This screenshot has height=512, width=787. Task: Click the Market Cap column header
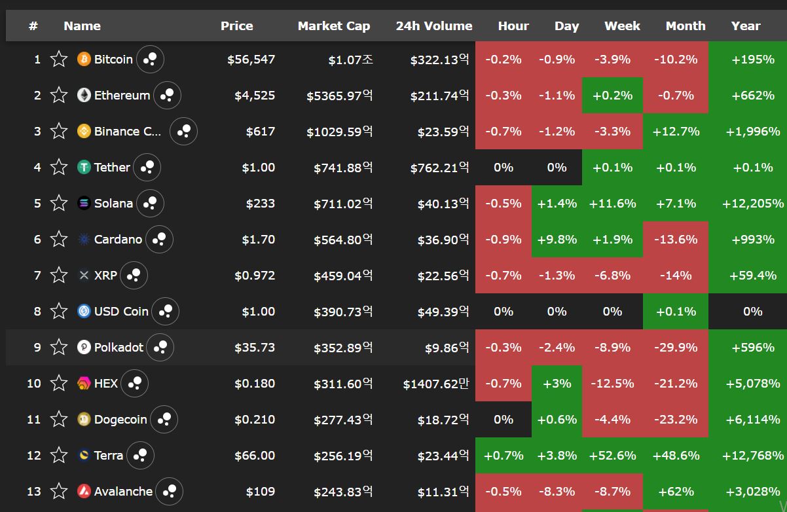pyautogui.click(x=334, y=26)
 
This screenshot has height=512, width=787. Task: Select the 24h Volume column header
pyautogui.click(x=434, y=26)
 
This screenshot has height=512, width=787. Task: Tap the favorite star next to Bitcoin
pyautogui.click(x=59, y=59)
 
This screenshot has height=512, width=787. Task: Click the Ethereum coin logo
pyautogui.click(x=84, y=95)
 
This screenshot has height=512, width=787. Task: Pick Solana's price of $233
pyautogui.click(x=260, y=204)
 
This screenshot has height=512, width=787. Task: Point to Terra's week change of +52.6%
pyautogui.click(x=612, y=456)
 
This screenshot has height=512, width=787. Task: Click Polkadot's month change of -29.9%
pyautogui.click(x=676, y=348)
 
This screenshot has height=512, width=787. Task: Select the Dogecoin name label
pyautogui.click(x=120, y=419)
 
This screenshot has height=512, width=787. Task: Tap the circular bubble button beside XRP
pyautogui.click(x=134, y=275)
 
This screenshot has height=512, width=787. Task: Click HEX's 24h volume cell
pyautogui.click(x=436, y=384)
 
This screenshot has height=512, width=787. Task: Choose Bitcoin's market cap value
pyautogui.click(x=351, y=60)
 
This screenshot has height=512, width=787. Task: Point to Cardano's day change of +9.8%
pyautogui.click(x=557, y=240)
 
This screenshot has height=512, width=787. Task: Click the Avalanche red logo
pyautogui.click(x=84, y=491)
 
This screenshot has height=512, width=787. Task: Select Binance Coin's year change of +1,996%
pyautogui.click(x=752, y=132)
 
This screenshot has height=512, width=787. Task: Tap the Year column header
pyautogui.click(x=746, y=26)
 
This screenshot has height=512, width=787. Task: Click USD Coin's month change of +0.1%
pyautogui.click(x=676, y=312)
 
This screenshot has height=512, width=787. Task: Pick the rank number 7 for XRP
pyautogui.click(x=37, y=275)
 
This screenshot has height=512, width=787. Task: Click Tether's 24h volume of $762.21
pyautogui.click(x=439, y=167)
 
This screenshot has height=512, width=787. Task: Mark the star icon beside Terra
pyautogui.click(x=59, y=456)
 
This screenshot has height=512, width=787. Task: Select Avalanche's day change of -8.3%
pyautogui.click(x=557, y=491)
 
